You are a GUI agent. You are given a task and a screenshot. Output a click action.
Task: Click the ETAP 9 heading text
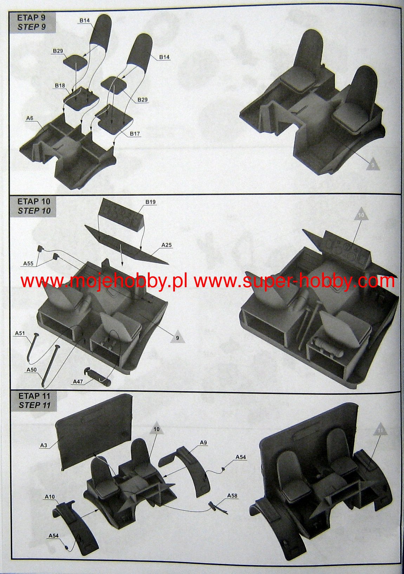(31, 18)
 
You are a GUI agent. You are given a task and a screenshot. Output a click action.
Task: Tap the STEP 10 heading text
(34, 211)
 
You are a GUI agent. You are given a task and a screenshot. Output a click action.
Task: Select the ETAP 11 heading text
(34, 396)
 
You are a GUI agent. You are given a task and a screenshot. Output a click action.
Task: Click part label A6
(30, 118)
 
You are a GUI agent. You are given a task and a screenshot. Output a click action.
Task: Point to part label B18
(60, 85)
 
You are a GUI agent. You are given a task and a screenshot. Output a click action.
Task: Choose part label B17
(135, 134)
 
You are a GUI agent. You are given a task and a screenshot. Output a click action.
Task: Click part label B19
(150, 202)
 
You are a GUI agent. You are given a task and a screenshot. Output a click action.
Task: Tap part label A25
(166, 245)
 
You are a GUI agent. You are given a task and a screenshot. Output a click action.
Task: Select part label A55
(28, 263)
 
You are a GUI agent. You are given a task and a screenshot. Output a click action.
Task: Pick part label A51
(20, 333)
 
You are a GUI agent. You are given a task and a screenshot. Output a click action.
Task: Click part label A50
(32, 370)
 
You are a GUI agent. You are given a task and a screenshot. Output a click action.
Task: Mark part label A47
(78, 382)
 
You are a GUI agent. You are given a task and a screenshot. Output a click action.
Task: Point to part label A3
(44, 445)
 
